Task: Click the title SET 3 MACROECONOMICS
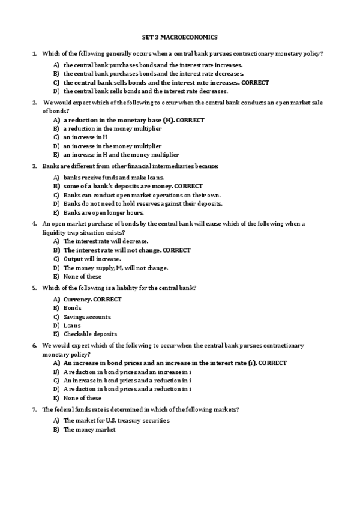click(x=179, y=37)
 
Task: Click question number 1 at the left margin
click(x=35, y=54)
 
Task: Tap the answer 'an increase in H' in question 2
click(x=85, y=137)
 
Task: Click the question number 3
click(x=35, y=166)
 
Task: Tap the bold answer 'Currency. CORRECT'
click(x=92, y=300)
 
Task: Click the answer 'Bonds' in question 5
click(x=73, y=308)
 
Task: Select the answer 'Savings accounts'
click(x=87, y=317)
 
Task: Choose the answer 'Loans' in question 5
click(x=73, y=325)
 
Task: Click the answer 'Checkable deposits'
click(x=90, y=334)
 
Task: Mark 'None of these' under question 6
click(x=83, y=397)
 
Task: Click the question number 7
click(x=35, y=409)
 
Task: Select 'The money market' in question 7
click(x=89, y=430)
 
